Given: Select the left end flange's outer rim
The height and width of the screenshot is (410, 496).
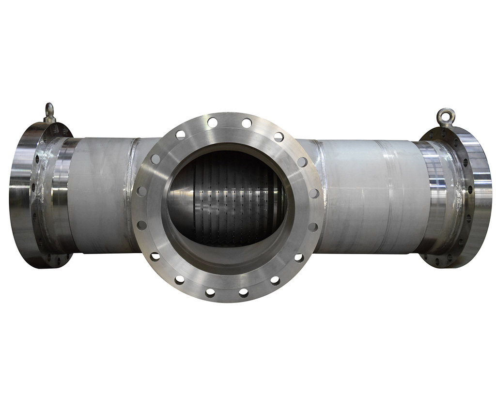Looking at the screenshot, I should click(19, 194).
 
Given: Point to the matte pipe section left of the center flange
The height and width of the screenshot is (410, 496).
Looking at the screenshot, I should click(99, 194).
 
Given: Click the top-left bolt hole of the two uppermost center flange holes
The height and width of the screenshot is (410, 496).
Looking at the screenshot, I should click(212, 122).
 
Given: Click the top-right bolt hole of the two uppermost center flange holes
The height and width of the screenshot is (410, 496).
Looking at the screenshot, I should click(247, 123).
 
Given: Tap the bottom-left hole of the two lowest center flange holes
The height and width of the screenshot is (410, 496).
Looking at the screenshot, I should click(210, 293).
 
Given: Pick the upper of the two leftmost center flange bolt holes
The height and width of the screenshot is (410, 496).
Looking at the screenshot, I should click(141, 191).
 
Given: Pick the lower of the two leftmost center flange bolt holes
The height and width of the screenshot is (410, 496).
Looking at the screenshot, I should click(141, 225).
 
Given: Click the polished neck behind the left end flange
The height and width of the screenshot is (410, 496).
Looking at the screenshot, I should click(61, 194).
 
